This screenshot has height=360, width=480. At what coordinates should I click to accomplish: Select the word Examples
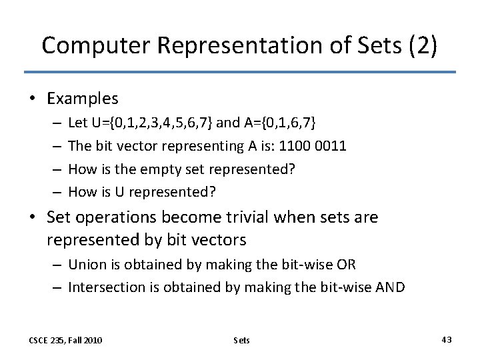[x=83, y=99]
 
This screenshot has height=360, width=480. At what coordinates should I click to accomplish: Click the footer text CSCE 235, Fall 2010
[x=65, y=340]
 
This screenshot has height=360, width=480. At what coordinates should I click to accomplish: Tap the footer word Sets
[x=242, y=340]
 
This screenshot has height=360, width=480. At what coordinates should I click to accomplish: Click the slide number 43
[x=447, y=339]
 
